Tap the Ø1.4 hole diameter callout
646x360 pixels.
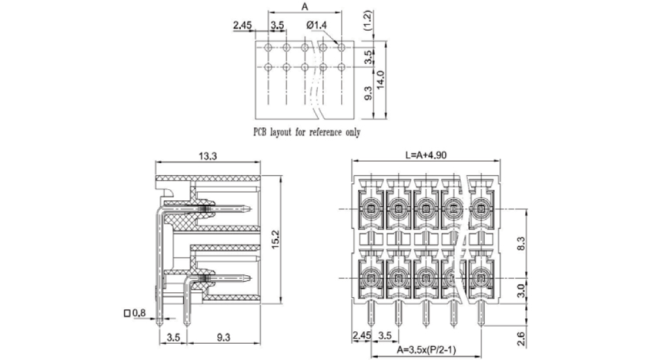[316, 25]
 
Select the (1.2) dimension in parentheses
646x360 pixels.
[368, 22]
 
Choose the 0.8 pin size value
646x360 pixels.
[140, 314]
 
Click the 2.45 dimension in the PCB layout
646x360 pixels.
[242, 25]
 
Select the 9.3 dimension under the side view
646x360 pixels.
[223, 337]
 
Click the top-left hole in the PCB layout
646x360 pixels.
[268, 48]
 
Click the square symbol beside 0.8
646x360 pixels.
[127, 314]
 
